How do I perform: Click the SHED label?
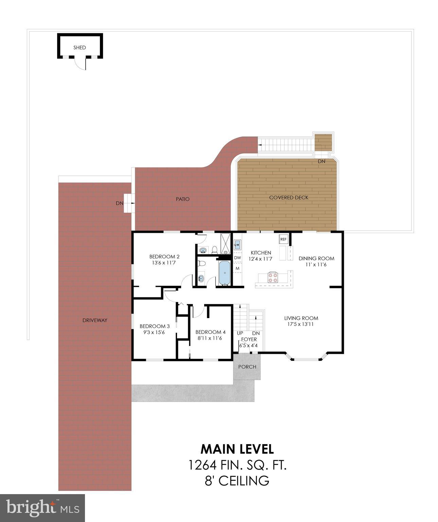point(80,48)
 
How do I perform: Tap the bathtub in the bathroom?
point(224,273)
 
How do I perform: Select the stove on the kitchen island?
point(273,277)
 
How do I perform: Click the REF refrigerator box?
point(283,239)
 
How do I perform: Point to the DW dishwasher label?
point(238,258)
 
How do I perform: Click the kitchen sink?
point(238,244)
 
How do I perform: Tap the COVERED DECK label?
point(288,197)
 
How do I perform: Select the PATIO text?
point(182,199)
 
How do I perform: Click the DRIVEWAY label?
point(95,320)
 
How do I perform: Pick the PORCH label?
point(247,367)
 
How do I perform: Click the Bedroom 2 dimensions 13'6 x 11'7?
point(164,263)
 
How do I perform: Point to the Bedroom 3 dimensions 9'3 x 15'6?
point(155,332)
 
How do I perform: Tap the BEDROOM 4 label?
point(210,332)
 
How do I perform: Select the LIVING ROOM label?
point(301,318)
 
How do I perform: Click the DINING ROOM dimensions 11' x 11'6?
point(316,264)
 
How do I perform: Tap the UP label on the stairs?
point(240,333)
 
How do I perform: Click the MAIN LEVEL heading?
point(237,449)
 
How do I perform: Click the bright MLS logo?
point(42,508)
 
